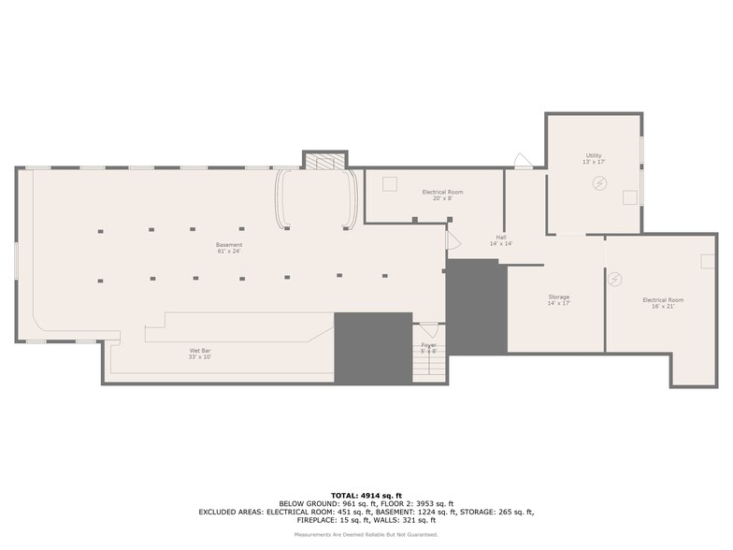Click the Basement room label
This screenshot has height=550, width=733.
229,248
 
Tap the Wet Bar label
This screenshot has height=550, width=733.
201,354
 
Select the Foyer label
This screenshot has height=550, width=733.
428,347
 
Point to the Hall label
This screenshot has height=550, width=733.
501,240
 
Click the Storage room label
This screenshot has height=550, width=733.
558,300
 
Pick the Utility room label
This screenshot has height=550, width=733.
594,158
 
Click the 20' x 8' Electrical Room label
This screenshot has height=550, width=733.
442,195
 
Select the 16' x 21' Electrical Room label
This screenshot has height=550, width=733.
662,303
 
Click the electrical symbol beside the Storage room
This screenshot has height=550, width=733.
615,278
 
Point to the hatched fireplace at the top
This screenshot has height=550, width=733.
324,162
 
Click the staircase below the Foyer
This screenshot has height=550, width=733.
429,368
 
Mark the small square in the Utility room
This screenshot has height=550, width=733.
629,196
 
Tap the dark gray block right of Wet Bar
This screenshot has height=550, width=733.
373,347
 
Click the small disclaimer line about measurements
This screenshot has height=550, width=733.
366,534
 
